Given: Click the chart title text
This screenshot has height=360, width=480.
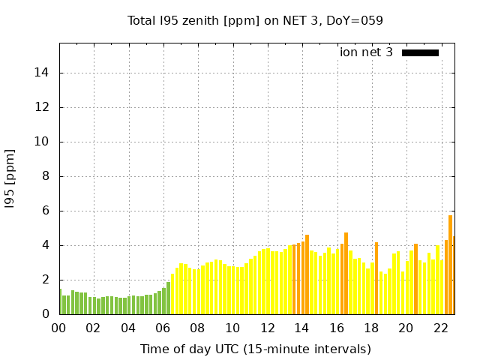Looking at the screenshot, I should (x=255, y=20).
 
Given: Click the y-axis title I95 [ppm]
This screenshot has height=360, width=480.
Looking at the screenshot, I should (x=10, y=178).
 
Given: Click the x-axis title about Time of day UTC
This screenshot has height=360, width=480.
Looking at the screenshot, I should (x=255, y=349).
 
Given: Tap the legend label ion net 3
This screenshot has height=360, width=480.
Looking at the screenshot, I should (x=366, y=52).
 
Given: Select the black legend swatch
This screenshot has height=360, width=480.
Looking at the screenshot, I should (x=420, y=52).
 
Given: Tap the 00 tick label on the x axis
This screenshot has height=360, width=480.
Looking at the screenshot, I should (x=59, y=328).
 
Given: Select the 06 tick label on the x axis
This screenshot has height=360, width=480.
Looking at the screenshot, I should (x=163, y=328).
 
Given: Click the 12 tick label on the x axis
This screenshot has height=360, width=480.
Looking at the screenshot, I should (x=267, y=328).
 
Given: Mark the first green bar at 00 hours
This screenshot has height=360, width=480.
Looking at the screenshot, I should (x=60, y=301).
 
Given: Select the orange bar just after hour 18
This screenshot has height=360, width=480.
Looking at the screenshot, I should (x=376, y=278).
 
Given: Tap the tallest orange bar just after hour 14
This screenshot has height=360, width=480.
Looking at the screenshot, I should (x=307, y=274).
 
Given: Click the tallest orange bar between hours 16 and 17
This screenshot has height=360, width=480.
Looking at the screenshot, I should (x=346, y=274).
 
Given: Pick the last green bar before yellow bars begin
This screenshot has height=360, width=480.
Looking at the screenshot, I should (x=168, y=298).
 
